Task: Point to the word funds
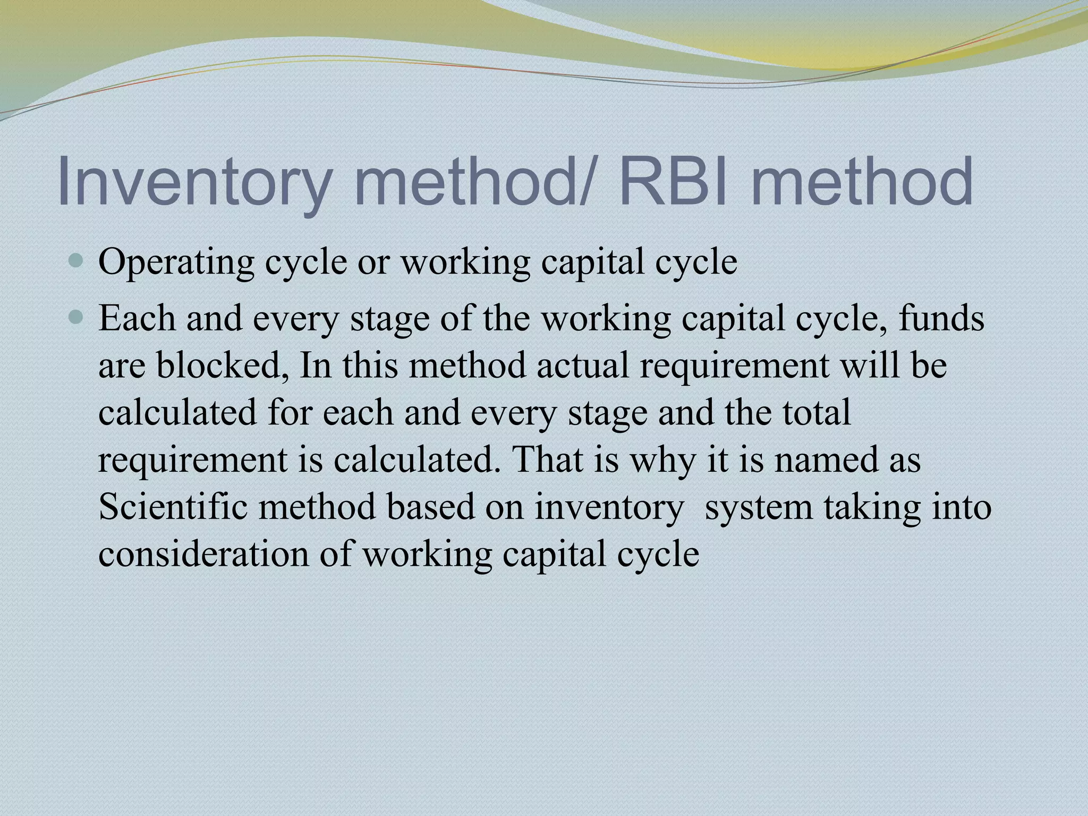[941, 319]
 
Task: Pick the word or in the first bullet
[373, 263]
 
